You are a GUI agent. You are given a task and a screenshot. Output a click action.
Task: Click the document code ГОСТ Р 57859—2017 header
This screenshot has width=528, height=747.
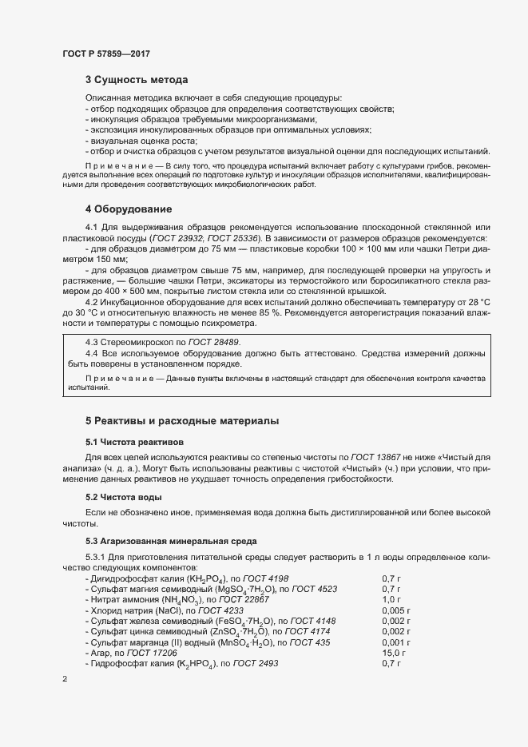pyautogui.click(x=106, y=54)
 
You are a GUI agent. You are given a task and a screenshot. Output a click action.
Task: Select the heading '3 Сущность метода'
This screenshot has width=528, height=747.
pyautogui.click(x=137, y=80)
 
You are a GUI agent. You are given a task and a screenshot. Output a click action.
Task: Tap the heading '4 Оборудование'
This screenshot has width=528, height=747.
pyautogui.click(x=128, y=209)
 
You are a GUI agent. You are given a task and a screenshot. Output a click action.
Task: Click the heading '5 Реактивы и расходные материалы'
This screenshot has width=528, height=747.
pyautogui.click(x=183, y=420)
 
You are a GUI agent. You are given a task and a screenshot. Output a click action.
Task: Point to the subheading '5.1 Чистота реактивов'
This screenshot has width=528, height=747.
pyautogui.click(x=134, y=441)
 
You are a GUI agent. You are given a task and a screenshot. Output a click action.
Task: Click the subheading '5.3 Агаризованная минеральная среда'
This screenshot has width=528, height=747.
pyautogui.click(x=169, y=541)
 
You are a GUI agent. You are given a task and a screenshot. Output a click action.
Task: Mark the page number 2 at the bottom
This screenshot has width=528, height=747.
pyautogui.click(x=65, y=679)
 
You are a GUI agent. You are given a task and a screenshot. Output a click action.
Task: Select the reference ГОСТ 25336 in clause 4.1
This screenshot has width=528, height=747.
pyautogui.click(x=237, y=239)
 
